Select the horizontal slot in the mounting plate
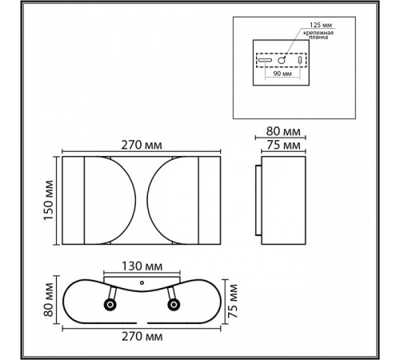264,60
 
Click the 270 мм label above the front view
141,145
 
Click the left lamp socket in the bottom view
109,304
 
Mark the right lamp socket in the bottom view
172,303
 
